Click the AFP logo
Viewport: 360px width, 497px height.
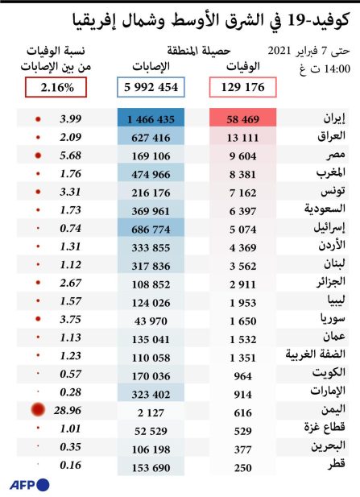click(x=30, y=485)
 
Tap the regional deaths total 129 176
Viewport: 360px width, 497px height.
click(x=242, y=87)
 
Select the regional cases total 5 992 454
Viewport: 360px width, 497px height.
click(x=151, y=87)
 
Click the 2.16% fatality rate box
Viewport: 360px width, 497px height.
click(x=56, y=87)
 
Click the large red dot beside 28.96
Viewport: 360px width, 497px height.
click(x=38, y=410)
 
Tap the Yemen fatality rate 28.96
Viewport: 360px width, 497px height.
click(x=68, y=411)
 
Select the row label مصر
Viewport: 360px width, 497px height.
click(x=334, y=155)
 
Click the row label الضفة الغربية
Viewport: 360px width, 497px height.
click(x=316, y=354)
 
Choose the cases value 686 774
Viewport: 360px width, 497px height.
click(x=151, y=230)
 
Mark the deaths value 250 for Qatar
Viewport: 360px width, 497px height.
click(x=243, y=468)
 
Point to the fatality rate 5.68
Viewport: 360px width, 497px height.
click(x=70, y=155)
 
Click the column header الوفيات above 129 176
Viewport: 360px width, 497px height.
click(x=243, y=66)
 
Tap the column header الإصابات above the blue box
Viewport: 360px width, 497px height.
click(x=151, y=66)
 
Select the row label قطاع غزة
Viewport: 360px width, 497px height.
click(x=325, y=427)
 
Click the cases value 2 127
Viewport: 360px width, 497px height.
click(x=151, y=412)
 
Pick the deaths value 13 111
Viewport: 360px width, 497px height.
click(x=242, y=138)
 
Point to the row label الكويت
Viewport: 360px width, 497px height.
click(x=329, y=372)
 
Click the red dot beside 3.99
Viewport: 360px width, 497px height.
click(x=38, y=119)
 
